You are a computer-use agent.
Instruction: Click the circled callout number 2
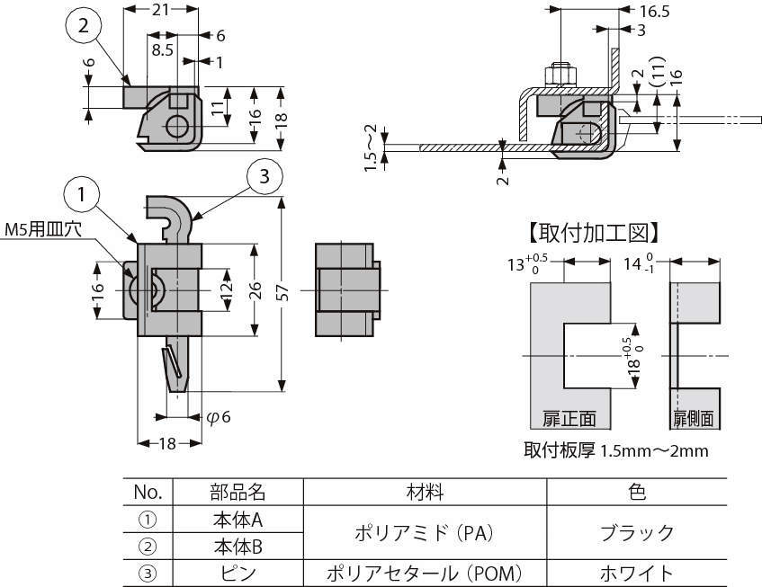(83, 26)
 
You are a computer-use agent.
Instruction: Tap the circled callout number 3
(264, 176)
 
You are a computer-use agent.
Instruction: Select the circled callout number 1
(82, 194)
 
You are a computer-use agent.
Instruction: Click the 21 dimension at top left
(161, 9)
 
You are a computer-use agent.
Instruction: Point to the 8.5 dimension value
(162, 49)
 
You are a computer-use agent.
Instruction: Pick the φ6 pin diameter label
(219, 416)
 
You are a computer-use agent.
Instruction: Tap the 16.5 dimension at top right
(654, 11)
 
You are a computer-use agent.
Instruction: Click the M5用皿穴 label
(43, 229)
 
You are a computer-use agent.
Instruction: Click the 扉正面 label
(569, 418)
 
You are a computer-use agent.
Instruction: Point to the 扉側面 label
(694, 418)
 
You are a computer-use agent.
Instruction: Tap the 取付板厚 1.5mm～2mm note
(615, 450)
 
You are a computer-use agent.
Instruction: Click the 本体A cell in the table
(238, 520)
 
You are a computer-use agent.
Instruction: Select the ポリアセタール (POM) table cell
(425, 574)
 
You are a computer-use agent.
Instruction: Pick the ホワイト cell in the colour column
(637, 574)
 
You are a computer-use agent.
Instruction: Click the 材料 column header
(425, 492)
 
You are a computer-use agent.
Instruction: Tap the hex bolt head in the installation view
(560, 76)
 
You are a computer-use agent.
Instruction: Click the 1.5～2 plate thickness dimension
(371, 147)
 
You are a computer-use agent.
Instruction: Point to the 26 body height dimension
(255, 290)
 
